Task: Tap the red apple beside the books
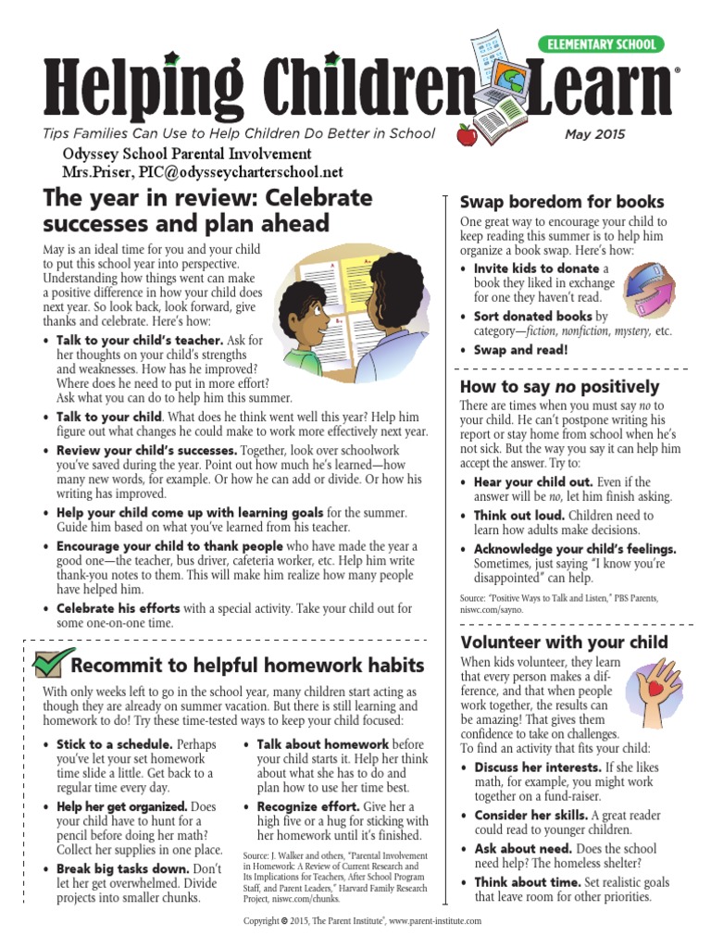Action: coord(467,136)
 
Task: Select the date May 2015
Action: coord(594,134)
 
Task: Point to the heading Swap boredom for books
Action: coord(562,202)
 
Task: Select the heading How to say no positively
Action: coord(560,387)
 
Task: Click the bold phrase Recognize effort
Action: coord(308,807)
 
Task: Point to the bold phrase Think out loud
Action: coord(518,516)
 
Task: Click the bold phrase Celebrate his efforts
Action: coord(115,608)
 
